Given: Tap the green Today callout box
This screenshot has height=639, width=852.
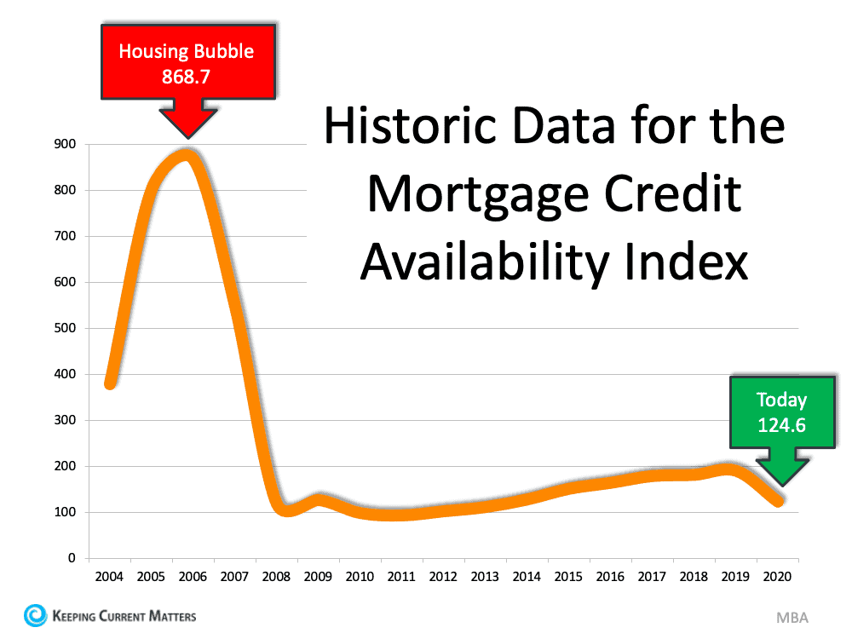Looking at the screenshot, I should (781, 412).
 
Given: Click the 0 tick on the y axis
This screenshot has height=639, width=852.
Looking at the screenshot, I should (72, 558).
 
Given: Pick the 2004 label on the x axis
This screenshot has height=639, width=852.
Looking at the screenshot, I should (109, 576).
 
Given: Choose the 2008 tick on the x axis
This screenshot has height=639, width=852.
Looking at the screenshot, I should (276, 576).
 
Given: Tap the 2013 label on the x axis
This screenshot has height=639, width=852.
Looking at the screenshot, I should (485, 576).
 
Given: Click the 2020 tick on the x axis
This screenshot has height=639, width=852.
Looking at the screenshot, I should (778, 576).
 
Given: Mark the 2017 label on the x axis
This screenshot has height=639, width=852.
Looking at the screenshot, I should (652, 576).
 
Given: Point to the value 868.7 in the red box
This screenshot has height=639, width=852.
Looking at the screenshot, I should (186, 75).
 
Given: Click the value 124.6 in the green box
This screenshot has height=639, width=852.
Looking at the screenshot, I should (781, 423).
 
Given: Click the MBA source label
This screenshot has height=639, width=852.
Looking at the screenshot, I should (792, 617).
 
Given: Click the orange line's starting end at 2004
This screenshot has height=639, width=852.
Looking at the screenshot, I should (110, 383).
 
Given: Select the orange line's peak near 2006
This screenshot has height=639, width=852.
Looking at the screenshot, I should (188, 156).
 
